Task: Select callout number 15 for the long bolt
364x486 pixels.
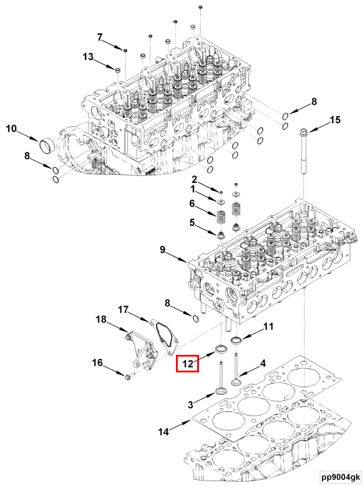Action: (334, 121)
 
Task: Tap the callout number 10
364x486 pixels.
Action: (12, 128)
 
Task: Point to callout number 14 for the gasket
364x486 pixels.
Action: (163, 432)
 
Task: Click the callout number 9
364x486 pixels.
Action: (163, 249)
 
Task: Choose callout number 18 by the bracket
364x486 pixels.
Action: (101, 320)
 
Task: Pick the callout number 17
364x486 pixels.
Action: (123, 310)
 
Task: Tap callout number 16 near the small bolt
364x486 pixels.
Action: (97, 363)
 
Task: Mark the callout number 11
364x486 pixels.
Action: (268, 328)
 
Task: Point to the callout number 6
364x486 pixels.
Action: (192, 203)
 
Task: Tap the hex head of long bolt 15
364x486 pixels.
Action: (304, 131)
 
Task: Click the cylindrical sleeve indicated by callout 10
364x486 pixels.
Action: (47, 146)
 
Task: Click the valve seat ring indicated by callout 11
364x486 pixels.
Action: (236, 339)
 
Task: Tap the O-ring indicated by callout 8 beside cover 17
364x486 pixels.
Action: (195, 319)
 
